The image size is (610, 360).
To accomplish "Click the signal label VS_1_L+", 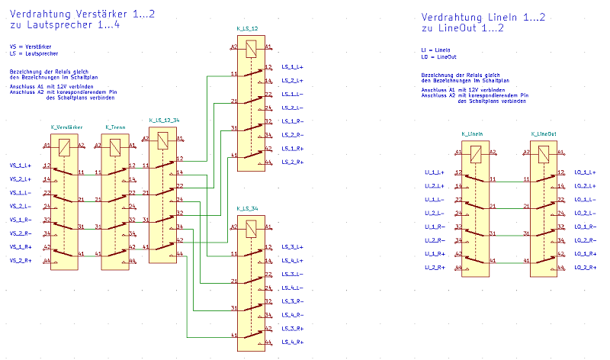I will click(x=20, y=166).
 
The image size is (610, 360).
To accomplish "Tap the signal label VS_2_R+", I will click(x=20, y=261).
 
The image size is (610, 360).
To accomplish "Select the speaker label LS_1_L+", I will click(x=293, y=67).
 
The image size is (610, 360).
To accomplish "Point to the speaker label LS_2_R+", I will click(x=293, y=162).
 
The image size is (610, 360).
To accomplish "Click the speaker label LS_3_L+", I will click(x=293, y=247).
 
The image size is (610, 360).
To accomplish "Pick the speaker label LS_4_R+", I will click(x=293, y=342).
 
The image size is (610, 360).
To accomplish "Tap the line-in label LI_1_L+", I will click(x=435, y=172).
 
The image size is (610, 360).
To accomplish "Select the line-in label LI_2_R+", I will click(x=435, y=268).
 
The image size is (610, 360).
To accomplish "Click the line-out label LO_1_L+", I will click(x=585, y=172).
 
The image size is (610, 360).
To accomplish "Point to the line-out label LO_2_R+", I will click(x=585, y=268).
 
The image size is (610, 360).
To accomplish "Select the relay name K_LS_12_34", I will click(x=164, y=120).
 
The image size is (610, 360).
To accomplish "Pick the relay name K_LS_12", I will click(x=247, y=28).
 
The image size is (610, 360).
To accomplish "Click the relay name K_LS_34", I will click(x=247, y=208).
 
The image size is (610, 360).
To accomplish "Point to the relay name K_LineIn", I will click(x=473, y=133).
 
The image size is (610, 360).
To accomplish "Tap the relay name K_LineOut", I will click(x=543, y=133).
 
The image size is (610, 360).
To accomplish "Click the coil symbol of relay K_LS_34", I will click(x=251, y=227).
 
